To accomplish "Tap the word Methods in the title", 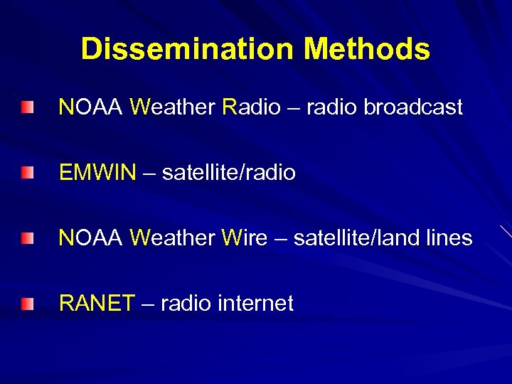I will tap(366, 49).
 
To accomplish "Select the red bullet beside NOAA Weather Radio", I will tap(27, 107).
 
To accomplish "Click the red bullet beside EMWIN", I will tap(27, 173).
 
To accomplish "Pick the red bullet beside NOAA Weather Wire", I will tap(27, 238).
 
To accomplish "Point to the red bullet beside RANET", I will tap(27, 304).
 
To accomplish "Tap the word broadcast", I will tap(413, 107).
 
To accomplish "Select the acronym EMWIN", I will tap(97, 173).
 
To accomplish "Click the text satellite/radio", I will tap(228, 173).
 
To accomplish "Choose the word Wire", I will tap(245, 238).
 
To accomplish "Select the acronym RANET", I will tap(96, 304).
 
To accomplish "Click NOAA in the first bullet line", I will tap(92, 107).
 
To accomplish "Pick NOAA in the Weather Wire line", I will tap(92, 238).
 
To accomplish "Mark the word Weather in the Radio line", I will tap(173, 107).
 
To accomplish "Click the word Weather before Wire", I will tap(173, 238).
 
